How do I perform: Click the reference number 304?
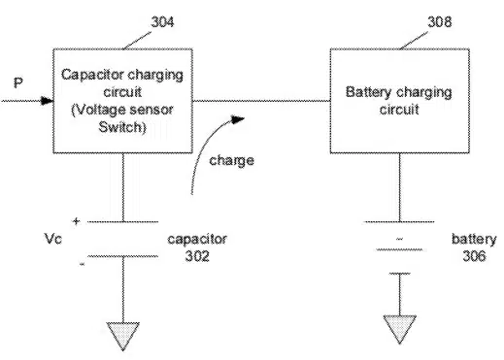(162, 22)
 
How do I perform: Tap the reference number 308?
(440, 22)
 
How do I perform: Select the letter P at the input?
(18, 82)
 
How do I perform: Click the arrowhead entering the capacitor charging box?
(48, 101)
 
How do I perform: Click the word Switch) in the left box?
(122, 127)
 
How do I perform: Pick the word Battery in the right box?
(368, 92)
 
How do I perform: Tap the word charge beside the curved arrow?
(231, 160)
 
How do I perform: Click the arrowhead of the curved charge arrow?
(238, 119)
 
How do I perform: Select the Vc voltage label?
(52, 239)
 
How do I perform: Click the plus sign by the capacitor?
(76, 221)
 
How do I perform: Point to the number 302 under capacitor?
(197, 256)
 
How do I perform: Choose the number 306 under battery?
(474, 256)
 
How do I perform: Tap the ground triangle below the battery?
(400, 328)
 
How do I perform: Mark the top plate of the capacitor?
(123, 222)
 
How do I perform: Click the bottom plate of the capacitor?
(123, 256)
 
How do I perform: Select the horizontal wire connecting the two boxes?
(261, 101)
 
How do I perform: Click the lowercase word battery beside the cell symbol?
(474, 240)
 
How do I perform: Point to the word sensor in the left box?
(153, 110)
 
